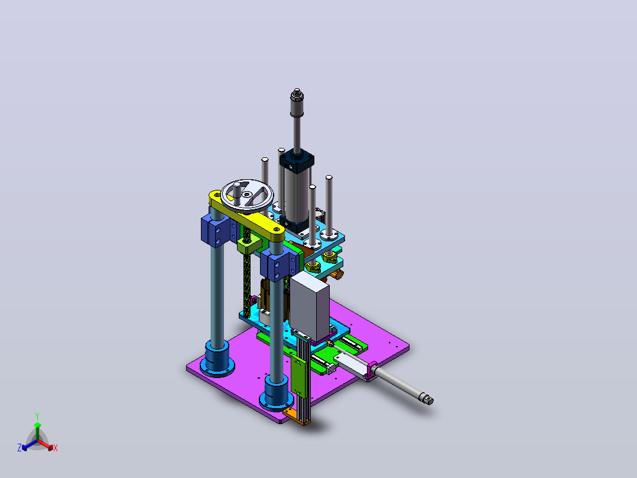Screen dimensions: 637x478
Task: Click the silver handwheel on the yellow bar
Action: (x=247, y=196)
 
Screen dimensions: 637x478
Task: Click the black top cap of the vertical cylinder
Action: (x=297, y=160)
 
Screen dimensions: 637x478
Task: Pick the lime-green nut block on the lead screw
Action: (x=249, y=244)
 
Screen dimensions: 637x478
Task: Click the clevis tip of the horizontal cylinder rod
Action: (x=427, y=399)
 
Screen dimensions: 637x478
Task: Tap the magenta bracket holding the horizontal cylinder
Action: (x=371, y=370)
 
